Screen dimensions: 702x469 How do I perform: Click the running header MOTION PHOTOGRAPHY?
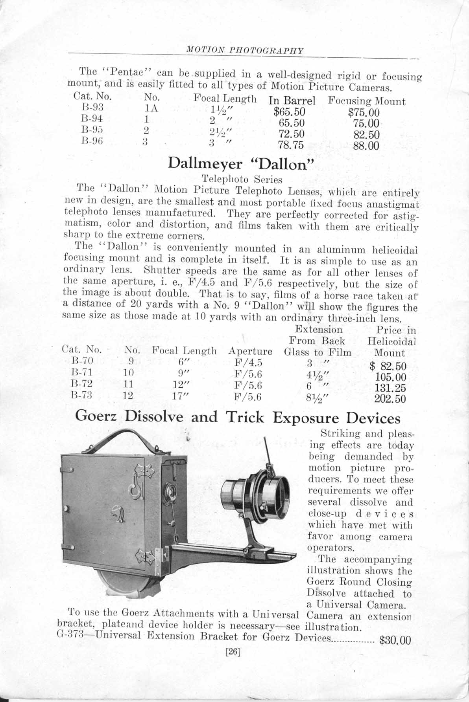(x=245, y=50)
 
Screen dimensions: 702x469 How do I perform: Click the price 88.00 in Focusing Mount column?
(x=366, y=146)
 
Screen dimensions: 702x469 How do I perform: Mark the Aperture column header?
(x=250, y=351)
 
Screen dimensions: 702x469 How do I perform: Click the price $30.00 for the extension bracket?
(x=395, y=640)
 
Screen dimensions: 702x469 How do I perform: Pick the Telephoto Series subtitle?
(x=242, y=180)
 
